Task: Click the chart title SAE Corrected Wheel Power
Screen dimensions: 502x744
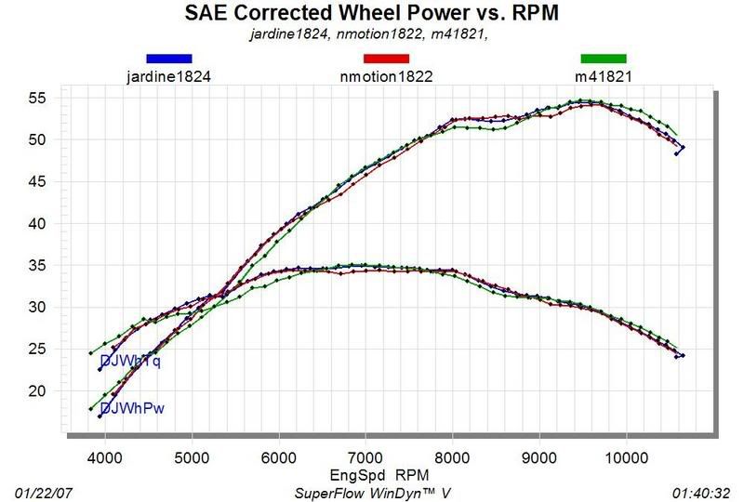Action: pos(372,15)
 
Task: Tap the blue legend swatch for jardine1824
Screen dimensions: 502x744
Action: pos(168,59)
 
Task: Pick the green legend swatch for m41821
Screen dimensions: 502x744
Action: pos(604,59)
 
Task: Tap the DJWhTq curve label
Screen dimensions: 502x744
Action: pos(129,363)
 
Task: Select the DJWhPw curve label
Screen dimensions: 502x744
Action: pos(128,408)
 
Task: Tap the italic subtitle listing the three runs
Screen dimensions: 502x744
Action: pos(371,34)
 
